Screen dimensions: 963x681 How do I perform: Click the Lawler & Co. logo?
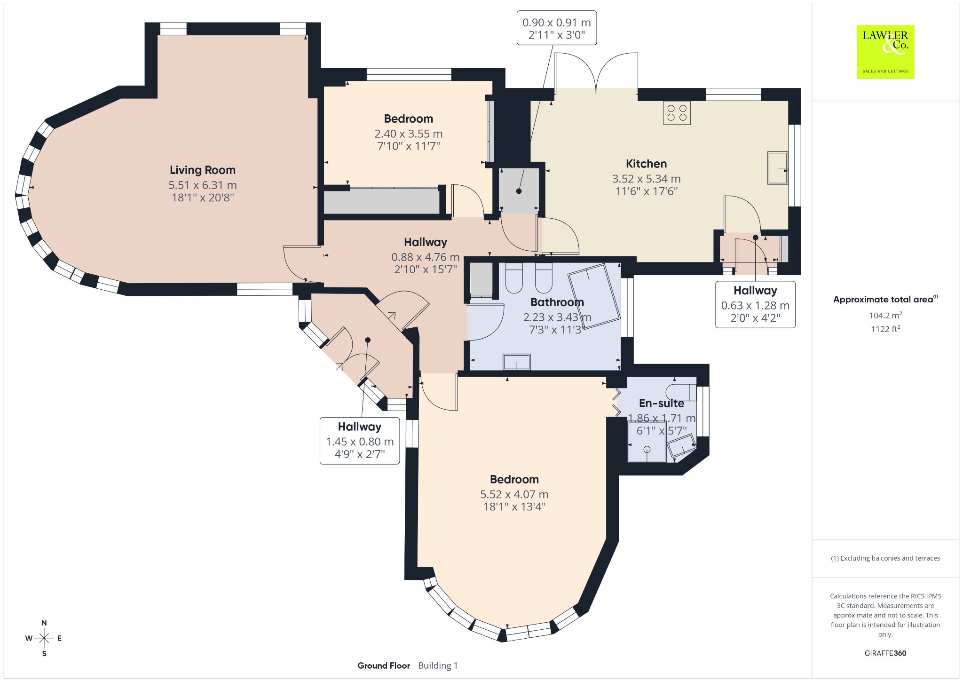[x=885, y=52]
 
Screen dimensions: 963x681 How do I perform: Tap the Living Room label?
[x=203, y=170]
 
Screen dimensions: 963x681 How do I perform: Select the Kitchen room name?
[x=646, y=164]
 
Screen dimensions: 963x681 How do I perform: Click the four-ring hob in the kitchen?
[x=677, y=113]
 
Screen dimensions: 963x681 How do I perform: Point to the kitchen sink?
[x=778, y=168]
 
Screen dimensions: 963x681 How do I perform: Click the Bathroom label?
[x=557, y=302]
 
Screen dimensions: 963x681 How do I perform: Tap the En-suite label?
[x=662, y=403]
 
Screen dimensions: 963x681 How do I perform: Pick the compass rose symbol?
[x=44, y=638]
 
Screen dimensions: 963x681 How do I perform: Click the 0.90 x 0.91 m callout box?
[x=557, y=28]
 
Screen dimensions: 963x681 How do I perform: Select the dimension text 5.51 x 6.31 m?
[x=203, y=185]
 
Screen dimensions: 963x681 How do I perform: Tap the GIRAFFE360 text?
[x=885, y=653]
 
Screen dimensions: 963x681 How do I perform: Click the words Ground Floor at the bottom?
[x=384, y=665]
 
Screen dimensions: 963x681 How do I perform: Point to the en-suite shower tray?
[x=647, y=442]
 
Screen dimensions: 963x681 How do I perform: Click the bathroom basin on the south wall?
[x=517, y=362]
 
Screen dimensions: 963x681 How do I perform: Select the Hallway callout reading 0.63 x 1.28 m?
[x=755, y=304]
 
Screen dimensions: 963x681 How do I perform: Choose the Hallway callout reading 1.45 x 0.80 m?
[x=360, y=441]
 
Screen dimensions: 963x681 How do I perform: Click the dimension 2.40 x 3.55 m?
[x=409, y=134]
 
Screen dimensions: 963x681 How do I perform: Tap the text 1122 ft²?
[x=885, y=329]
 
